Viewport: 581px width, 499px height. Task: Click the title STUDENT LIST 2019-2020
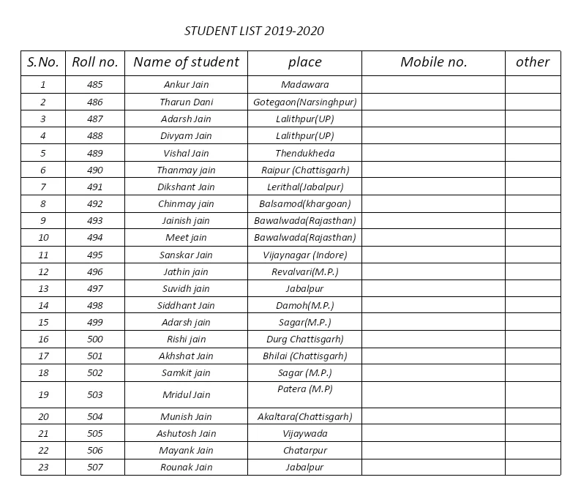point(254,31)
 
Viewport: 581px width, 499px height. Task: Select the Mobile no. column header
point(433,62)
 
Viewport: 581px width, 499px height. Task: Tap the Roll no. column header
point(94,62)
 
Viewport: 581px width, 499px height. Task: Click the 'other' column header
point(532,62)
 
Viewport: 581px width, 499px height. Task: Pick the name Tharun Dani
point(186,102)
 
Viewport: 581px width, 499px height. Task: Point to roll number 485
point(94,85)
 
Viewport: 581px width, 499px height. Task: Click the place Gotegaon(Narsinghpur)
point(304,102)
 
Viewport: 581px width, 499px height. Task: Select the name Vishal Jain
point(186,153)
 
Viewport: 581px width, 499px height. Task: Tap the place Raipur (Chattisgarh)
point(304,170)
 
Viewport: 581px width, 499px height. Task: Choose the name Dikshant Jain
point(186,187)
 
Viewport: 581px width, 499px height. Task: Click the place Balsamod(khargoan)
point(304,203)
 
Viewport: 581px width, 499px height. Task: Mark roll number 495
point(94,255)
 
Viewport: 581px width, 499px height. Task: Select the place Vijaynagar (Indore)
point(304,255)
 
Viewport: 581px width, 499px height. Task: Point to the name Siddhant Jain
point(186,305)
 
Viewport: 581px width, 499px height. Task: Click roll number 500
point(94,339)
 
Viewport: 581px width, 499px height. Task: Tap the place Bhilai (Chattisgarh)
point(304,356)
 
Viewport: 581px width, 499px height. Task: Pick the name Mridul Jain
point(186,394)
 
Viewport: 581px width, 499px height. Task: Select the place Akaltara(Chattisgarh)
point(304,416)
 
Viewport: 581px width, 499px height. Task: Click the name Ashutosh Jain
point(186,433)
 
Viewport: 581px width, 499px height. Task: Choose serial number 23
point(43,467)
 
